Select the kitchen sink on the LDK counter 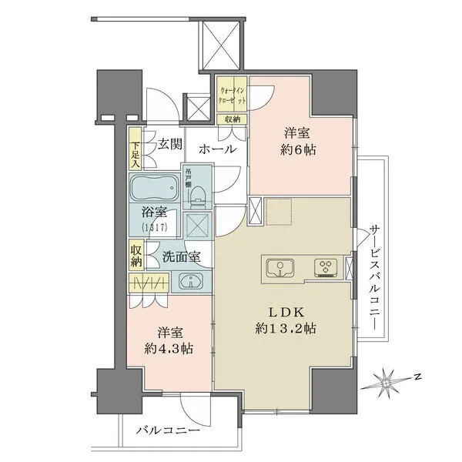(279, 269)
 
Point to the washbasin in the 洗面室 (189, 282)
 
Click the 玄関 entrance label (171, 144)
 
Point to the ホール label (217, 149)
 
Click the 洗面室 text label (182, 257)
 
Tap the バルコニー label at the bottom (168, 430)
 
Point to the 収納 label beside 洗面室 (136, 255)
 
